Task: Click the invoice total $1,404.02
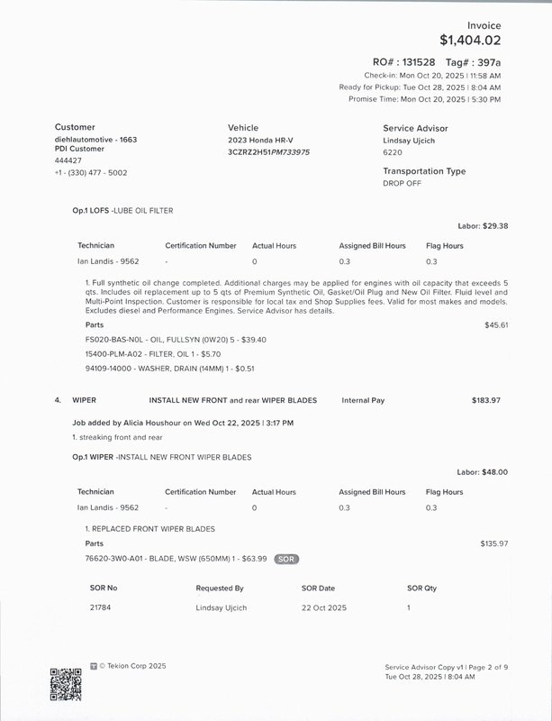tap(470, 40)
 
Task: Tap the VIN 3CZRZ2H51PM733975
tap(268, 152)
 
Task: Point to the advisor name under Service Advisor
tap(409, 141)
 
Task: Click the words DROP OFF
tap(402, 183)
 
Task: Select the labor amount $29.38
tap(495, 226)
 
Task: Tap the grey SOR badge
tap(286, 559)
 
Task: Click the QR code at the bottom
tap(66, 683)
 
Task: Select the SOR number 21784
tap(101, 607)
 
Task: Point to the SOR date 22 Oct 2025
tap(323, 607)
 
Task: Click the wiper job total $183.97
tap(485, 399)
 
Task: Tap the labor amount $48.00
tap(495, 471)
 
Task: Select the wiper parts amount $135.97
tap(494, 543)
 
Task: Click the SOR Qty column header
tap(421, 588)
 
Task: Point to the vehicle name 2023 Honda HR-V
tap(260, 141)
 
